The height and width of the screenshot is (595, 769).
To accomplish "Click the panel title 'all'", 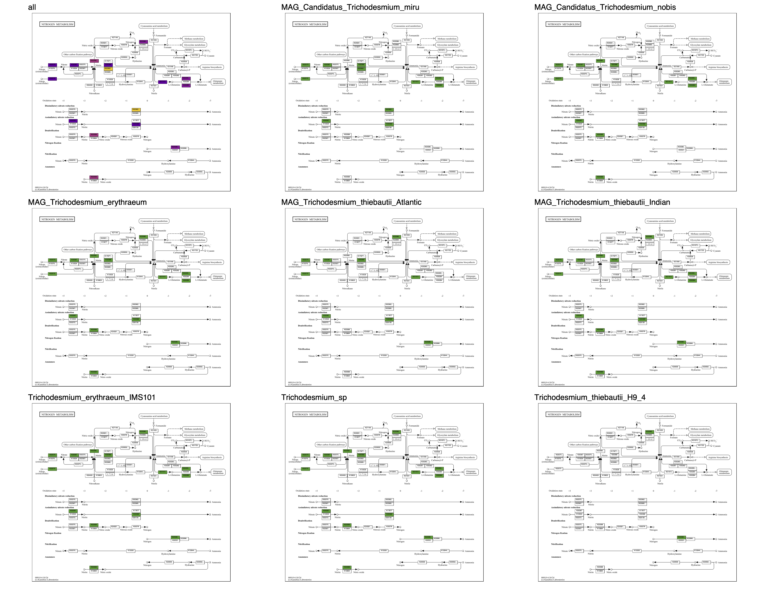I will pyautogui.click(x=32, y=7).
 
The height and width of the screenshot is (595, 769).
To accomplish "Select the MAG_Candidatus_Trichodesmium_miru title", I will pyautogui.click(x=350, y=7).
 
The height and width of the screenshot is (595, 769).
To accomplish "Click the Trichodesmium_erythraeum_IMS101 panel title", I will pyautogui.click(x=92, y=397).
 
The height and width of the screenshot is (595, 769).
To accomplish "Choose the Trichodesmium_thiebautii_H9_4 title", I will pyautogui.click(x=590, y=397).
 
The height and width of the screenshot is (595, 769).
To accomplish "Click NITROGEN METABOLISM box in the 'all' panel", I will pyautogui.click(x=57, y=24).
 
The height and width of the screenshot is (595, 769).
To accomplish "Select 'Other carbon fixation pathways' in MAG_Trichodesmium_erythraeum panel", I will pyautogui.click(x=78, y=250).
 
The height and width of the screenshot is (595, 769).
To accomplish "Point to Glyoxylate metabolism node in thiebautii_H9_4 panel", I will pyautogui.click(x=701, y=435).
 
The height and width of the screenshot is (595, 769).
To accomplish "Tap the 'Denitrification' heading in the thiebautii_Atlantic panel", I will pyautogui.click(x=305, y=326).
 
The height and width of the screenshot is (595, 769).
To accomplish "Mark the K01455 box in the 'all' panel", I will pyautogui.click(x=154, y=40).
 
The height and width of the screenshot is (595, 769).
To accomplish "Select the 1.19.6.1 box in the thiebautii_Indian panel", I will pyautogui.click(x=650, y=244).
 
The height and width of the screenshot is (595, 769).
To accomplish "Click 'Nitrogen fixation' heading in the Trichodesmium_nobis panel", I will pyautogui.click(x=560, y=143).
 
